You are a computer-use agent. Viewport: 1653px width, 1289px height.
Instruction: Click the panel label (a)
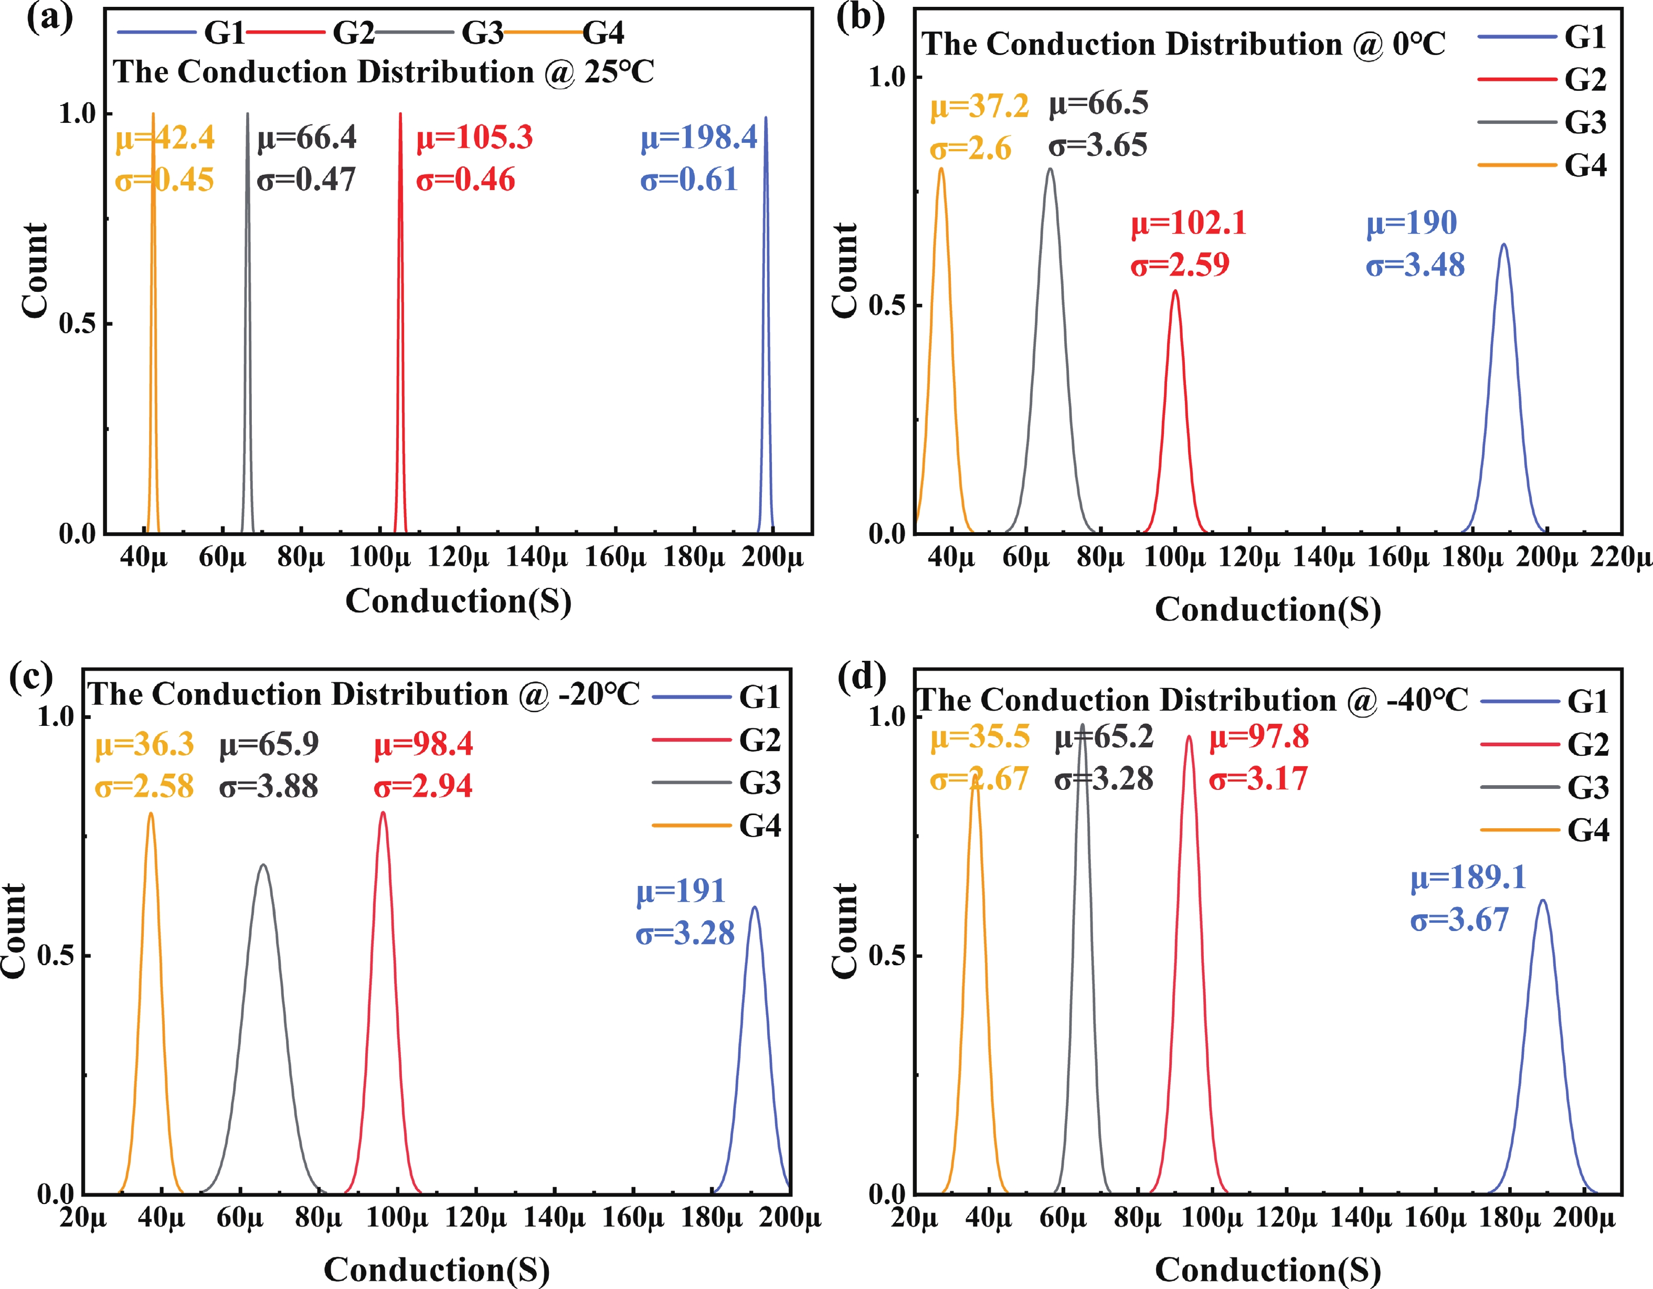[49, 17]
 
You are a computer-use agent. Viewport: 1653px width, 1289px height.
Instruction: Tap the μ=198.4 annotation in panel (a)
[698, 138]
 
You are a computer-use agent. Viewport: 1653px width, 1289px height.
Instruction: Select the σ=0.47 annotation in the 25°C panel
[306, 180]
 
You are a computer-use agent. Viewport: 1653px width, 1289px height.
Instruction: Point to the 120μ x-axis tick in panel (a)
[458, 558]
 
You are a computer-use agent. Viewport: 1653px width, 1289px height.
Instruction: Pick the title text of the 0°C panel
[1183, 44]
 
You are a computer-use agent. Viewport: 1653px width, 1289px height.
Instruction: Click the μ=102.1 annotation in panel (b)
[1188, 223]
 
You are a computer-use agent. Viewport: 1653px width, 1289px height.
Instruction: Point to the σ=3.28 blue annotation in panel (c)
[685, 933]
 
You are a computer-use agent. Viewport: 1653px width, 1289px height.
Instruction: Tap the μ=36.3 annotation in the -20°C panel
[144, 745]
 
